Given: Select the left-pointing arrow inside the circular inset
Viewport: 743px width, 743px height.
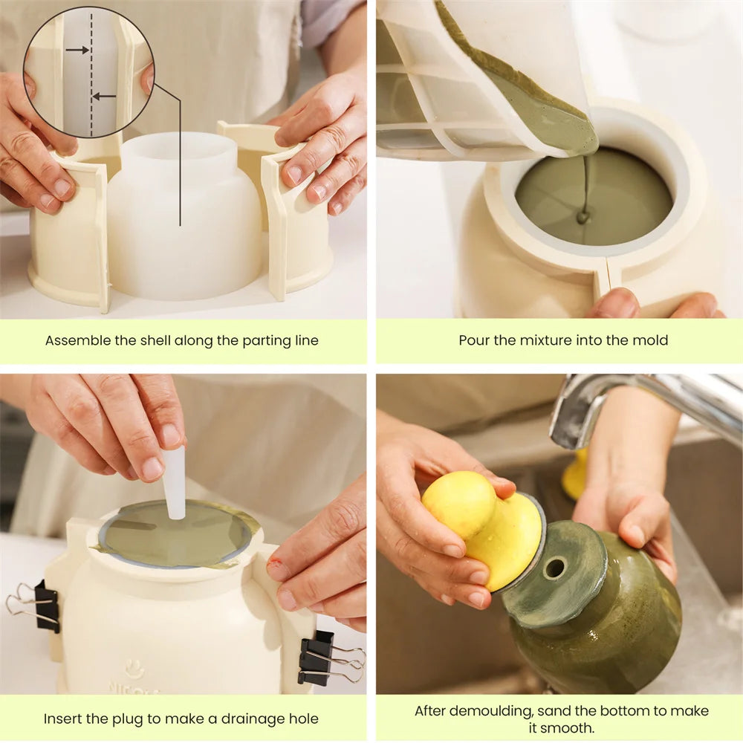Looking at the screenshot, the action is click(x=104, y=96).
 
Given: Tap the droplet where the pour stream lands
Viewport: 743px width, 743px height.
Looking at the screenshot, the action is click(x=583, y=218).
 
